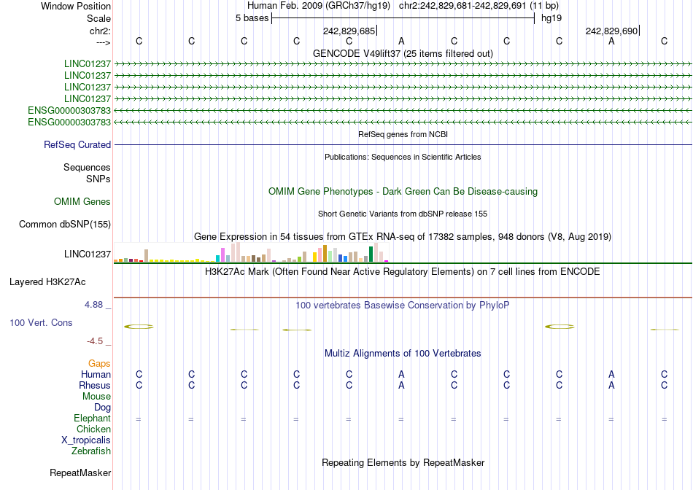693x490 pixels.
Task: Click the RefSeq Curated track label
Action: pos(77,145)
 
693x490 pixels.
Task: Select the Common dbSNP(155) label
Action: pos(65,225)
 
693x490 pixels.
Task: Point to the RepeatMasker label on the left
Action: pos(80,473)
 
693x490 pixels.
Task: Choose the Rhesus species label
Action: pos(95,386)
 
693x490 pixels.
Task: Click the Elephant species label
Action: pos(92,419)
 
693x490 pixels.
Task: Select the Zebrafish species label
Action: pos(91,451)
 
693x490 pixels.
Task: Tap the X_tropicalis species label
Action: pos(86,440)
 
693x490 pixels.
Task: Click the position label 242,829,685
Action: pos(349,31)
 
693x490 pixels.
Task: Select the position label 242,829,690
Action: pos(611,31)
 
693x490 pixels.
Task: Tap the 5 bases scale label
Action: pos(252,18)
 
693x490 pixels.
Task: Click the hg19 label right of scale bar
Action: pos(551,18)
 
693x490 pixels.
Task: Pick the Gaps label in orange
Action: pos(99,363)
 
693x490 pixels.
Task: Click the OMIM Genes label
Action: pos(82,202)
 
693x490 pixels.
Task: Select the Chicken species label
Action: pos(93,429)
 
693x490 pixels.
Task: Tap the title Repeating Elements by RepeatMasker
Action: pos(403,463)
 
